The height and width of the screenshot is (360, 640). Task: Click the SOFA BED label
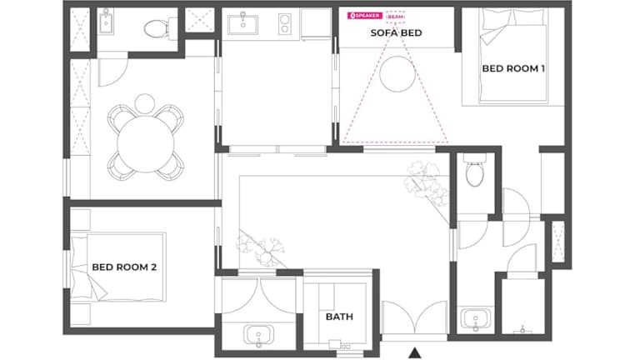[x=396, y=32]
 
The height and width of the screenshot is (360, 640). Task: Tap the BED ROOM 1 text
[x=513, y=68]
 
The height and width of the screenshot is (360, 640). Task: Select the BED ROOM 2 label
[x=124, y=267]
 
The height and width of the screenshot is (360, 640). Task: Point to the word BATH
[x=339, y=317]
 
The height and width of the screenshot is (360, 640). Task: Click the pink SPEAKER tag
[x=365, y=16]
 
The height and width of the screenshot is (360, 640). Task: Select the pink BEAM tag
[x=395, y=17]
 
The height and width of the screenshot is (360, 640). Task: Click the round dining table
[x=146, y=143]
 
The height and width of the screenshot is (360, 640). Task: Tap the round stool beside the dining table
[x=144, y=103]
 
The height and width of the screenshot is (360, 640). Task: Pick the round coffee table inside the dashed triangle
[x=397, y=74]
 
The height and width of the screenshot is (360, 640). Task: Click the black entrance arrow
[x=415, y=352]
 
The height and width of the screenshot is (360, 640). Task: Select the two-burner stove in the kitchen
[x=284, y=24]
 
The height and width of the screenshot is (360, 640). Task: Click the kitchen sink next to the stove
[x=242, y=24]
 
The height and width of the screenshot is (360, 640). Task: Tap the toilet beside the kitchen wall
[x=157, y=28]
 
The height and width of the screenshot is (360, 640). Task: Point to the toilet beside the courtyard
[x=475, y=170]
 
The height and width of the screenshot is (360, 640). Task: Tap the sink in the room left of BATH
[x=258, y=336]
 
